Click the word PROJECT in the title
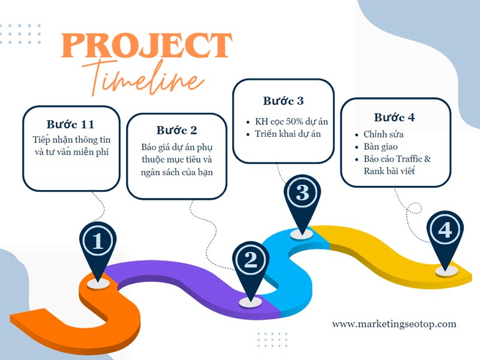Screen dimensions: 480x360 146,46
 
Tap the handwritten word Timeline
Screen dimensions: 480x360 144,78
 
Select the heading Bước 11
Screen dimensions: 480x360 70,124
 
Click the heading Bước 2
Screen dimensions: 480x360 176,130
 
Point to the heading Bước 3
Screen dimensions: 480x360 283,101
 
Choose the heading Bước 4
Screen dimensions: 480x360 394,117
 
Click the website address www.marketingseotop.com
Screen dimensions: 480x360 394,324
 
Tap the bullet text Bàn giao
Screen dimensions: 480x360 380,146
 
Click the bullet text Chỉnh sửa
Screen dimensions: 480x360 383,134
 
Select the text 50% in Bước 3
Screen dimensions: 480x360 292,122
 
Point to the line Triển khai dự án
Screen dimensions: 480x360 288,134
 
